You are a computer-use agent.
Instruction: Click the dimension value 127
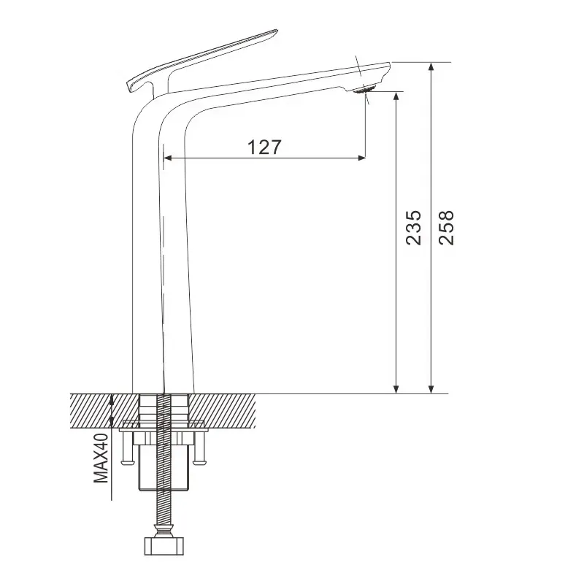tap(264, 147)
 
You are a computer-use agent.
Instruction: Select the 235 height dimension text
tap(413, 228)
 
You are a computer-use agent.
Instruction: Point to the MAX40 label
tap(101, 457)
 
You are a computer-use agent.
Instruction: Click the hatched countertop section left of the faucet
tap(102, 409)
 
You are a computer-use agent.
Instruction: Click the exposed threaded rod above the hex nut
tap(166, 504)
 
